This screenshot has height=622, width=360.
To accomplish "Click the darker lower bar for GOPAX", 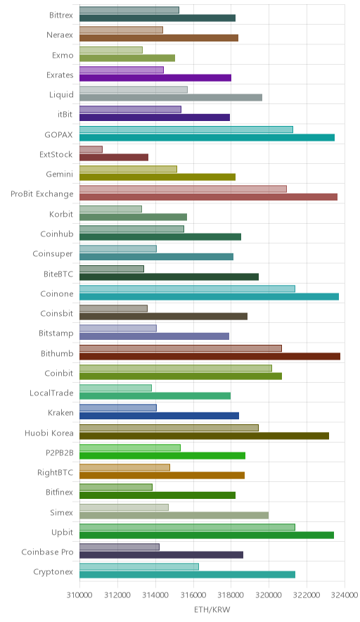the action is (207, 138).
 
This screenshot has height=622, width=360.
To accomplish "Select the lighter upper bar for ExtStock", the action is (91, 149).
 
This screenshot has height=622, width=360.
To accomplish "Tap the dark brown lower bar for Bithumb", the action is (210, 356).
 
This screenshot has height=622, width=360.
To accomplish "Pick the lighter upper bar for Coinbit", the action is (176, 368).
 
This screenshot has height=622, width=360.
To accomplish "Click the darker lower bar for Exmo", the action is (127, 58).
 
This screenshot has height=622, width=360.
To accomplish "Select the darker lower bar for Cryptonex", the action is (188, 574).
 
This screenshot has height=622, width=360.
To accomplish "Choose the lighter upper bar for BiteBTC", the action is (112, 269).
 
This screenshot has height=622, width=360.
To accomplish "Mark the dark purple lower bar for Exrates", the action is (155, 77).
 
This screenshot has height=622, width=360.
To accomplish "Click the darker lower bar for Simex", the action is (174, 515).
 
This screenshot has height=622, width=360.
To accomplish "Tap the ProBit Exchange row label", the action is (42, 194).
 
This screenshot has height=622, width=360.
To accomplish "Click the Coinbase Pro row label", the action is (48, 552).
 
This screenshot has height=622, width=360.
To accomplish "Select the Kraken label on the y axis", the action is (60, 412).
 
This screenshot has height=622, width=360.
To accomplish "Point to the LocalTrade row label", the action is (51, 393).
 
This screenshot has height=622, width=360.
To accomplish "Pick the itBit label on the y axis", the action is (65, 114).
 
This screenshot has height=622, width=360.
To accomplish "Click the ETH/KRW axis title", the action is (212, 610).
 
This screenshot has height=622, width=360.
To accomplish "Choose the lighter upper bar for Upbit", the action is (187, 527).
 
